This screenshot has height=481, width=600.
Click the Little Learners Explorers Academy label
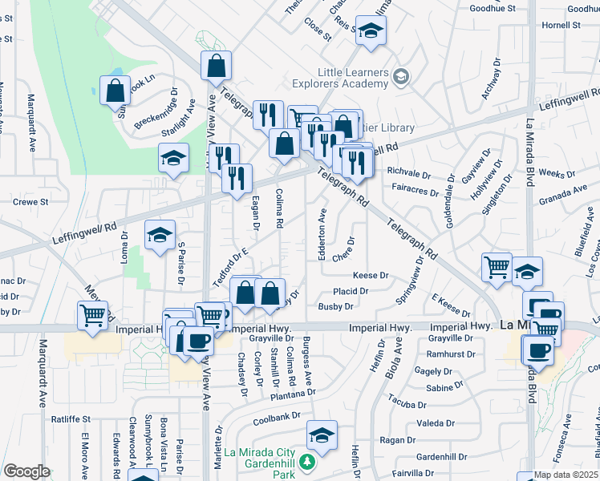pos(353,78)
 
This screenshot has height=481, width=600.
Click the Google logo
pos(26,471)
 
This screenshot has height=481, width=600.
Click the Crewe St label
pos(31,202)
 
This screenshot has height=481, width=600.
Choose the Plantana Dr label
pos(294,393)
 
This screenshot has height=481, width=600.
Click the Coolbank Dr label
pos(275,417)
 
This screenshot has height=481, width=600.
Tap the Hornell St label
pos(561,25)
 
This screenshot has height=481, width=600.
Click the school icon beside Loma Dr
pos(160,236)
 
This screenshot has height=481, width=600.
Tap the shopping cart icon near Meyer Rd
pos(92,314)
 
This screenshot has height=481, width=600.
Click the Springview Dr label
pos(409,281)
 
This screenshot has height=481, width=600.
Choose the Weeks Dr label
pos(553,173)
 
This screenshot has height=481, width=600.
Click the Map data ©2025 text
pos(566,475)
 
